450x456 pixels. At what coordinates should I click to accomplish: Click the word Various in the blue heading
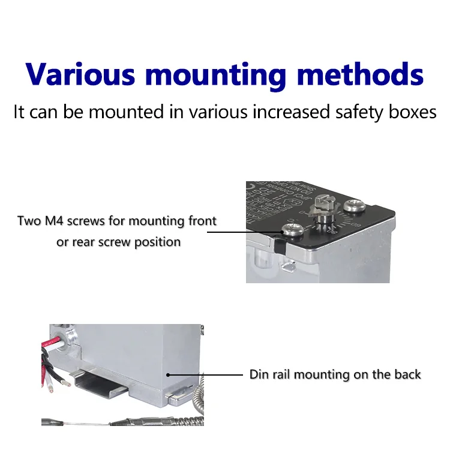[x=80, y=74]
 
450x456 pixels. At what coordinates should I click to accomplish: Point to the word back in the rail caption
[x=408, y=374]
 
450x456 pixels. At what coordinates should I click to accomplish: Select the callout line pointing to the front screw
[x=252, y=232]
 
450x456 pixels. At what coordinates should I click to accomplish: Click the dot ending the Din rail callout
[x=169, y=375]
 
